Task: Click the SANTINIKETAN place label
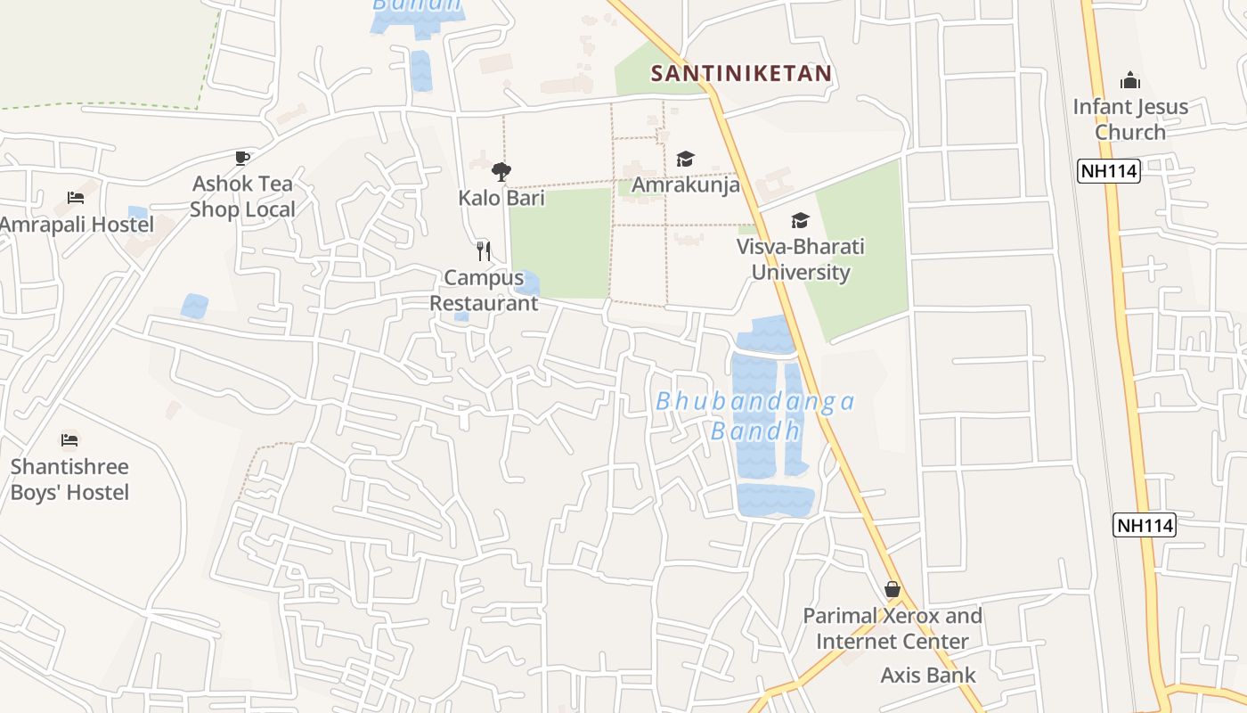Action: pyautogui.click(x=741, y=73)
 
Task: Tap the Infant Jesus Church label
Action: pyautogui.click(x=1130, y=119)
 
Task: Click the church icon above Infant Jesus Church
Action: pyautogui.click(x=1130, y=81)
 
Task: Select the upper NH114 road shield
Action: pyautogui.click(x=1108, y=171)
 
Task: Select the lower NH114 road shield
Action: pyautogui.click(x=1145, y=525)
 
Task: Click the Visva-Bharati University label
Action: pyautogui.click(x=800, y=259)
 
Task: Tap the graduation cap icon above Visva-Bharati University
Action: pyautogui.click(x=800, y=220)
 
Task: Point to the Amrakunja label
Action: pyautogui.click(x=685, y=185)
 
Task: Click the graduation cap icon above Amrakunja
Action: pyautogui.click(x=685, y=159)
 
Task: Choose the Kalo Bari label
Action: pyautogui.click(x=501, y=198)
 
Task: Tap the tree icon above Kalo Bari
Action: pyautogui.click(x=501, y=171)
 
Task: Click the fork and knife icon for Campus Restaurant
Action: pyautogui.click(x=484, y=250)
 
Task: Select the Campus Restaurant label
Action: pyautogui.click(x=484, y=291)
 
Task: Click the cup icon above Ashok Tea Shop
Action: pyautogui.click(x=241, y=158)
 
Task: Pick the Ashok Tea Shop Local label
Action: pyautogui.click(x=242, y=197)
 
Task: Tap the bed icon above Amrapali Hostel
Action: pyautogui.click(x=76, y=197)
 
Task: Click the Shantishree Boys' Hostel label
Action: pyautogui.click(x=69, y=479)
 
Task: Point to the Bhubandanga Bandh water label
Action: pyautogui.click(x=755, y=416)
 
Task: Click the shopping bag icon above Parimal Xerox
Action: pyautogui.click(x=892, y=589)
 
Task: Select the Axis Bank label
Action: pyautogui.click(x=928, y=676)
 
